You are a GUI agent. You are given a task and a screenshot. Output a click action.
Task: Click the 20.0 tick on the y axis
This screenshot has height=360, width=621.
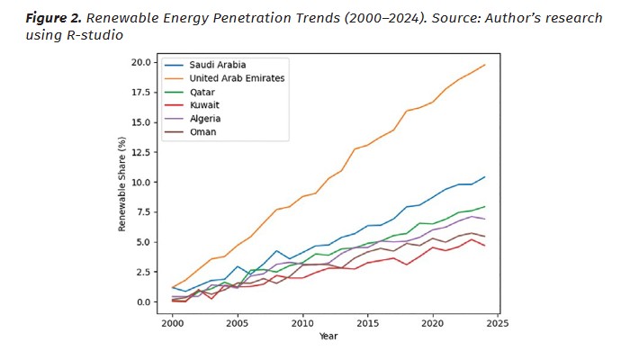point(139,62)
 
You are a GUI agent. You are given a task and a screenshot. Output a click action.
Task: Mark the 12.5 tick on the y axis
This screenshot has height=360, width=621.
point(139,152)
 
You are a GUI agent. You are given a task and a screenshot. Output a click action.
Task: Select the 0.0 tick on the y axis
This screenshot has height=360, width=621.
point(142,302)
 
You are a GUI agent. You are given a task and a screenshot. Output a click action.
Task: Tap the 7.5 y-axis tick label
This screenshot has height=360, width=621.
point(142,212)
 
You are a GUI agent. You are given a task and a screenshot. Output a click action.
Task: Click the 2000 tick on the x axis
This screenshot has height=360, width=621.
point(172,322)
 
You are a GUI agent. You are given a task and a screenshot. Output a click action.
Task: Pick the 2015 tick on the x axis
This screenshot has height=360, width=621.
point(368,322)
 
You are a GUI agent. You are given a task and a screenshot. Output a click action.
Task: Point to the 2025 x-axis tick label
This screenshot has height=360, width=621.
point(499,322)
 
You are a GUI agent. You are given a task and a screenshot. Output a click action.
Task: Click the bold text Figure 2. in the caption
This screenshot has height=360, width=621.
point(55,18)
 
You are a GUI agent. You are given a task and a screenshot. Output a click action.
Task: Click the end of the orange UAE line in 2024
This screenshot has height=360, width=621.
point(485,65)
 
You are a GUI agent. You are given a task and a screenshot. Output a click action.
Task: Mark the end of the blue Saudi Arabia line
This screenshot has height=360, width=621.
point(485,177)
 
